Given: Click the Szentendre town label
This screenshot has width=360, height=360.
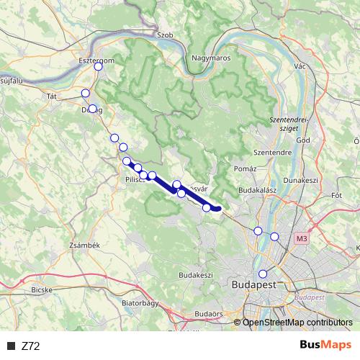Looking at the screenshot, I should (x=271, y=153).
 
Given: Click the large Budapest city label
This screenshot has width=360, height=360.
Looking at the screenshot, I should (x=254, y=285).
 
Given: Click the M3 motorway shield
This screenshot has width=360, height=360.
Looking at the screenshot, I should (x=301, y=237).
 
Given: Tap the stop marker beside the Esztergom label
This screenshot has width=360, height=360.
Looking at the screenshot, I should (x=99, y=67).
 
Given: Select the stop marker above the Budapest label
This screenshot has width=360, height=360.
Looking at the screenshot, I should (x=263, y=274).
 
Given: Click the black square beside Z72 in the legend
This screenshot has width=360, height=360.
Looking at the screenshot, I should (x=11, y=346).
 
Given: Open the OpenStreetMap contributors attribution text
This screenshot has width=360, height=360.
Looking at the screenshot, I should (x=297, y=323).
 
